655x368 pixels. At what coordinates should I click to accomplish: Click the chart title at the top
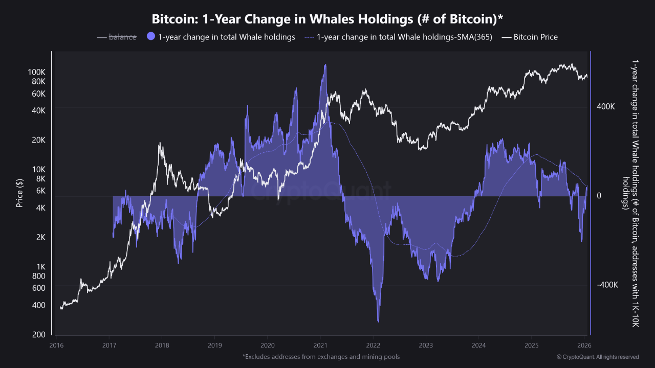coord(327,19)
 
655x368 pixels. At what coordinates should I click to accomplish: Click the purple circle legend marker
coord(151,37)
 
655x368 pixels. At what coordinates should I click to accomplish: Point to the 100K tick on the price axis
coord(37,72)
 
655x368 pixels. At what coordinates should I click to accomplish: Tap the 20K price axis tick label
coord(39,140)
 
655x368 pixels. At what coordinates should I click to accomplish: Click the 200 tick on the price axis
coord(39,335)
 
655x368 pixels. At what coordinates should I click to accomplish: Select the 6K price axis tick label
coord(41,191)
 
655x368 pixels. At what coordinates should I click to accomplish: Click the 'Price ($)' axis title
coord(19,193)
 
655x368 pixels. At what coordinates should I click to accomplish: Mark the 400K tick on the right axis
coord(605,107)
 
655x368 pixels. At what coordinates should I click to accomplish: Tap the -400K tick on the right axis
coord(607,285)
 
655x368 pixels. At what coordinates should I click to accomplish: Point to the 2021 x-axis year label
coord(320,346)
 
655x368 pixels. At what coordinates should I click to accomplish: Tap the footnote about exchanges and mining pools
coord(321,356)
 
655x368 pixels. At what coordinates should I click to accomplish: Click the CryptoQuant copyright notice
coord(598,357)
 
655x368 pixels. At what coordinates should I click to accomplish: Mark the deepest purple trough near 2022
coord(378,321)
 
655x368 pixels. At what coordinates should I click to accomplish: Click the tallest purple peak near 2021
coord(325,65)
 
